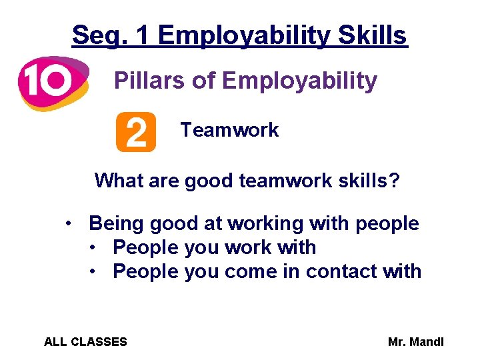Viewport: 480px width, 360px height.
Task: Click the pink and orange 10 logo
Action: pos(52,82)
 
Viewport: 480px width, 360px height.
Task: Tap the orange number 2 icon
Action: pos(135,132)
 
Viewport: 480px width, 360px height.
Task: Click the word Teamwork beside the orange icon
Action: pos(229,130)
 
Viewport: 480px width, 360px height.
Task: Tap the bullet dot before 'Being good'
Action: pos(69,223)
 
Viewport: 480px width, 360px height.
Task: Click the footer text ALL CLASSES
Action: pos(85,342)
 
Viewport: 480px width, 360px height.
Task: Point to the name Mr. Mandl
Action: pos(415,342)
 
